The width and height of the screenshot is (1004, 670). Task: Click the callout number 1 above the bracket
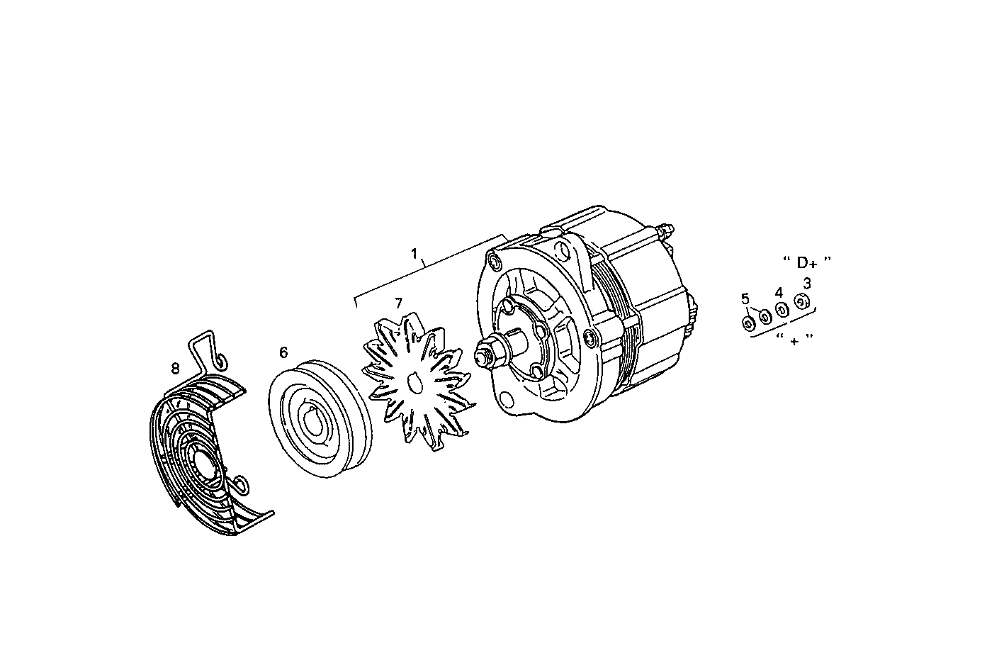(x=415, y=253)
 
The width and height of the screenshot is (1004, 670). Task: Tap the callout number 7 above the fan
(x=398, y=303)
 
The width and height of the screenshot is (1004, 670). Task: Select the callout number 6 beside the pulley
(x=283, y=352)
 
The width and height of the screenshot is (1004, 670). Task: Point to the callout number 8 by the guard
(x=175, y=367)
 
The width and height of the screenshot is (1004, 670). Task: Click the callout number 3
(x=806, y=282)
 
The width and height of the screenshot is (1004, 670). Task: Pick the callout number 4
(x=779, y=292)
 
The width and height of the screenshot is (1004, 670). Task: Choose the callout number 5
(x=745, y=298)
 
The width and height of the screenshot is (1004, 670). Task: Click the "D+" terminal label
(x=806, y=263)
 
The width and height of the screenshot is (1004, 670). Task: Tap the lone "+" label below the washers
(x=794, y=340)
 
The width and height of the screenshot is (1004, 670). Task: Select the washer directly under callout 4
(x=782, y=310)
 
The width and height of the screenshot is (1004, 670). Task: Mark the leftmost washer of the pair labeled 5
(x=748, y=324)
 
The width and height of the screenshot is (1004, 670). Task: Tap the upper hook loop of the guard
(x=220, y=362)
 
